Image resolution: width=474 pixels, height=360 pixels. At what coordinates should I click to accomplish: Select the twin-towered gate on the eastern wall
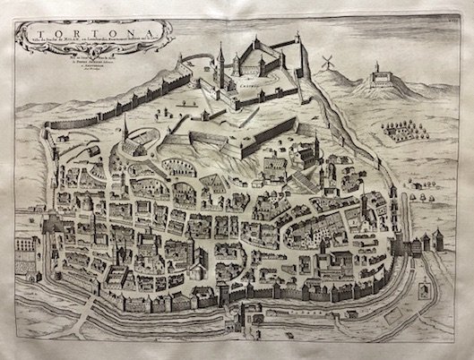(x=420, y=240)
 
